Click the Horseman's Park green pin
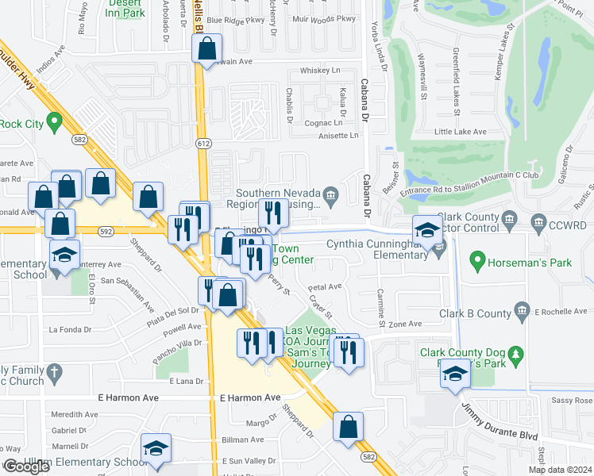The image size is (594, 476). [477, 259]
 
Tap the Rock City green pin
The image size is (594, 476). [54, 123]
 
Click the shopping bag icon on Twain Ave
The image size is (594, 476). [206, 49]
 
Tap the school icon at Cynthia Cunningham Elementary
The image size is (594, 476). [427, 231]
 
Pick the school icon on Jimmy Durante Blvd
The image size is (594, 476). [455, 374]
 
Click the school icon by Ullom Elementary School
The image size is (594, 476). [156, 449]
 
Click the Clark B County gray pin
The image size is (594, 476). [522, 309]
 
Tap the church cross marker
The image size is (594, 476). [54, 371]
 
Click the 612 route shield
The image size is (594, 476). [205, 144]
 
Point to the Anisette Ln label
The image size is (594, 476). [337, 136]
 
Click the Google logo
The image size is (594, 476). [26, 466]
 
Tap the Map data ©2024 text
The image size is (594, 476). [560, 470]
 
